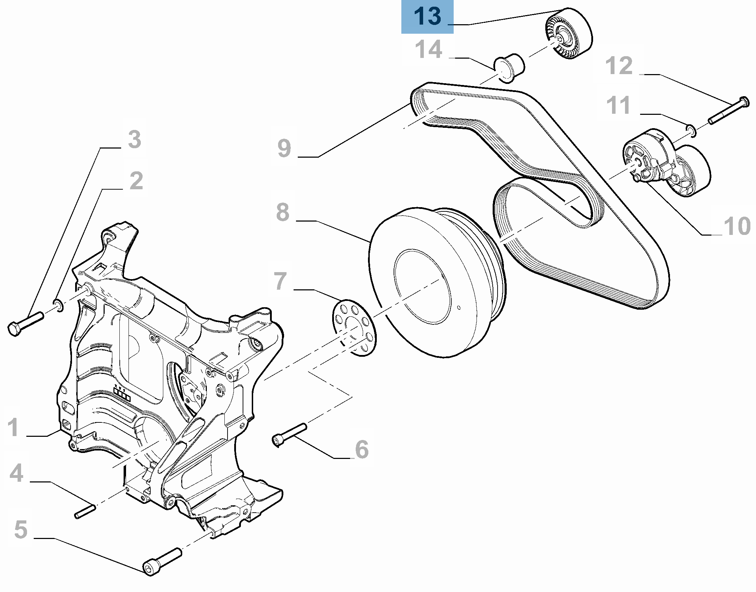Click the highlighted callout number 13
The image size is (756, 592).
pos(427,17)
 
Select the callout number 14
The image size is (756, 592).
pos(428,50)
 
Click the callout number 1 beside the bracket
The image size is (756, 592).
pos(13,427)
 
